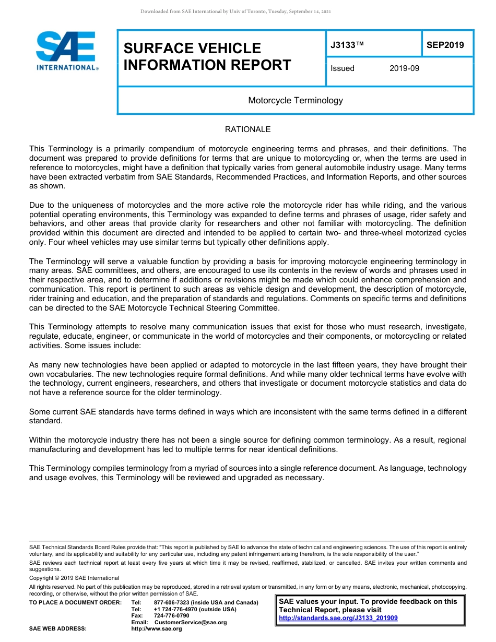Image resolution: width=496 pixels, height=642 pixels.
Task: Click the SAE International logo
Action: coord(67,51)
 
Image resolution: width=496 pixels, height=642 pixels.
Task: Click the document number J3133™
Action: coord(347,45)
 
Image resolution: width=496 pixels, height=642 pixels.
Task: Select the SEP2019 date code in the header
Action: coord(445,45)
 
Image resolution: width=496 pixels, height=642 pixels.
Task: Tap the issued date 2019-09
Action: coord(404,68)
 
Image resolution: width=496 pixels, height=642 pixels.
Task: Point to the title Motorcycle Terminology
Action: coord(296,100)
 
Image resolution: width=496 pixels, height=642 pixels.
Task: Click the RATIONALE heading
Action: coord(247,129)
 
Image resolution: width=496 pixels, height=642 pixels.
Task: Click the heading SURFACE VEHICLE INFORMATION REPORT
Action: coord(207,56)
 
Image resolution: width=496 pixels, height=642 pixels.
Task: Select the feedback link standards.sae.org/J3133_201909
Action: coord(338,618)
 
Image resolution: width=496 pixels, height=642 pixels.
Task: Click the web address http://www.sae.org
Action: coord(156,629)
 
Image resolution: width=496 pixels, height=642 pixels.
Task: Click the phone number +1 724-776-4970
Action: coord(176,609)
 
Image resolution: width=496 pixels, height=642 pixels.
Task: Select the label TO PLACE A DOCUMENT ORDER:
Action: coord(75,602)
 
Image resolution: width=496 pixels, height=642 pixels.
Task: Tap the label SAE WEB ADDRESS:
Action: coord(57,629)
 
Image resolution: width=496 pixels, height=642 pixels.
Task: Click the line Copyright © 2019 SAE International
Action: coord(74,578)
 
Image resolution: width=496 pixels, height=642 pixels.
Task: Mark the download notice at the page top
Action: coord(235,11)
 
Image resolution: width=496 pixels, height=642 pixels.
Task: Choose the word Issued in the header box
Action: coord(343,68)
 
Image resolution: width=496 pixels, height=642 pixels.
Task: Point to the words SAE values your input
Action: coord(320,601)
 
